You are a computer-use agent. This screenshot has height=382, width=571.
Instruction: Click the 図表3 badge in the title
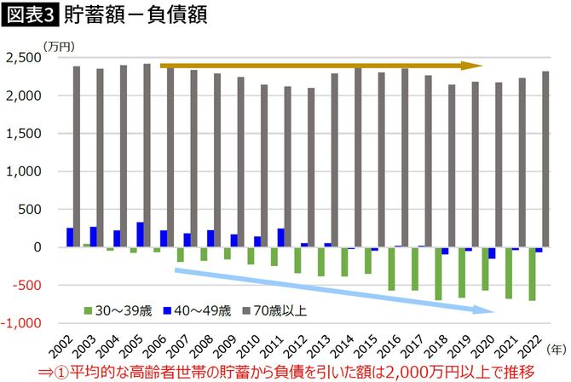pos(28,15)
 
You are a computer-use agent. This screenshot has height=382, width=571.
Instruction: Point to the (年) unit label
pos(557,350)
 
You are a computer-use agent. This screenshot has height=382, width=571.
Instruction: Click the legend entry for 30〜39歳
pos(113,310)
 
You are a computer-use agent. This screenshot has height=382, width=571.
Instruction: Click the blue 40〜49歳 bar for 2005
pos(140,234)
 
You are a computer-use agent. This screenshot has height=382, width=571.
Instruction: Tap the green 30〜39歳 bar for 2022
pos(532,274)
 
